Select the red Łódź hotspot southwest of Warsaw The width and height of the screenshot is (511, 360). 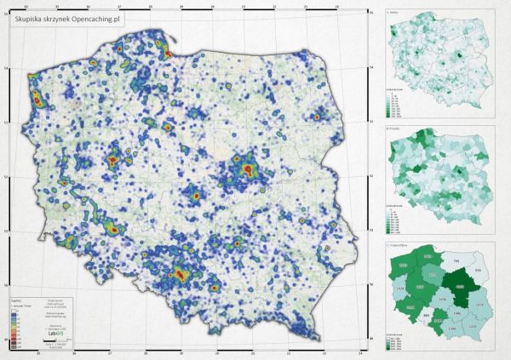tap(194, 194)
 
